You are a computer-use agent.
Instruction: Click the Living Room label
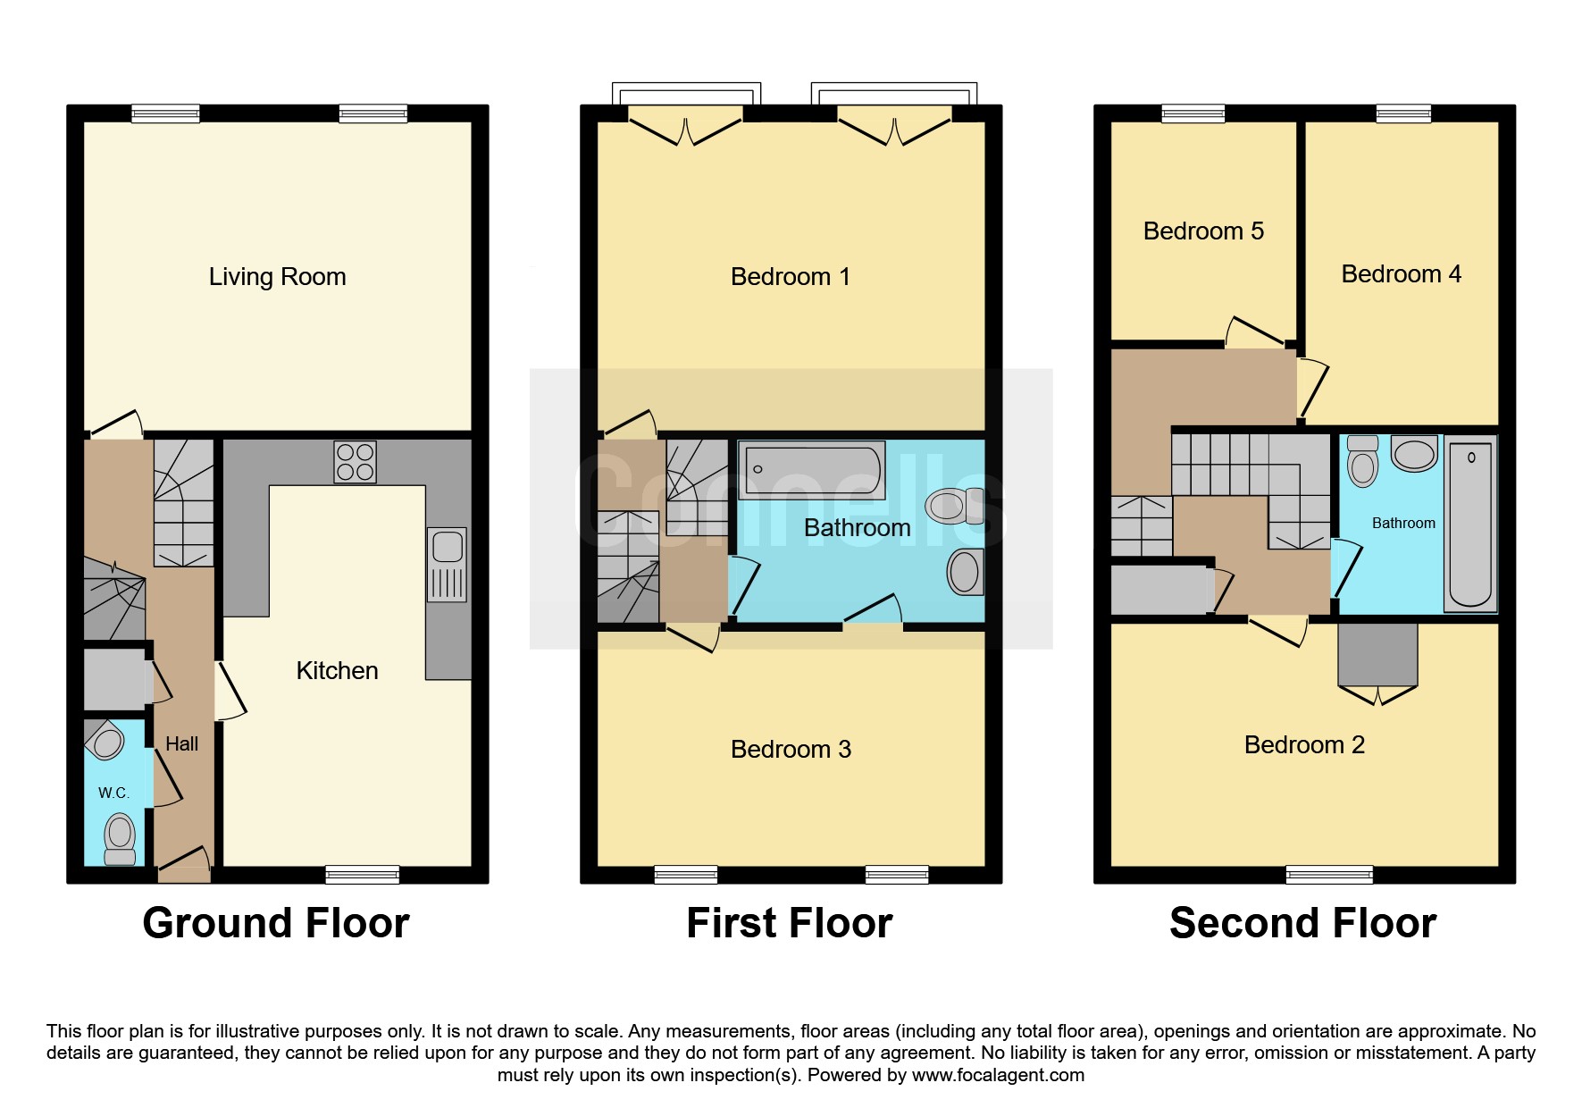(277, 277)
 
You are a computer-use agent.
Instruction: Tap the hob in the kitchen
(355, 462)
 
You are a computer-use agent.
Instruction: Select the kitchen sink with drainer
(448, 565)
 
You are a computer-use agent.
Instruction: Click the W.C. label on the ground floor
(113, 793)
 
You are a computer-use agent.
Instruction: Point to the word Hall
(181, 743)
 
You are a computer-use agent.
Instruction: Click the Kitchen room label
(337, 670)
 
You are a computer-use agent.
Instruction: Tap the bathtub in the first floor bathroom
(812, 470)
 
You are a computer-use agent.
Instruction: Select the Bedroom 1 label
(791, 277)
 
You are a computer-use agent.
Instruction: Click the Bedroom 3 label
(791, 749)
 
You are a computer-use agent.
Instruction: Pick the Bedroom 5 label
(1203, 231)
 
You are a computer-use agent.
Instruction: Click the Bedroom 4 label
(1401, 273)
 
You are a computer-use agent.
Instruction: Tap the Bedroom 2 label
(1304, 744)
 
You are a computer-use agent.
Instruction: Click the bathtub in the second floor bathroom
(1470, 525)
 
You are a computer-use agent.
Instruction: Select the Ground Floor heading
(276, 923)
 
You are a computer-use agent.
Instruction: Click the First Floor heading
(790, 923)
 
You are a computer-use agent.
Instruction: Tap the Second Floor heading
(1303, 923)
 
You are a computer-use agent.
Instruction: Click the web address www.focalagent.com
(998, 1075)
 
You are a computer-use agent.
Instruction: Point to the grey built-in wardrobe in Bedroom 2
(1377, 655)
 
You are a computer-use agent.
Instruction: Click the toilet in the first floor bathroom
(955, 506)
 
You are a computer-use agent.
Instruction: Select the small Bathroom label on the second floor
(1403, 523)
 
